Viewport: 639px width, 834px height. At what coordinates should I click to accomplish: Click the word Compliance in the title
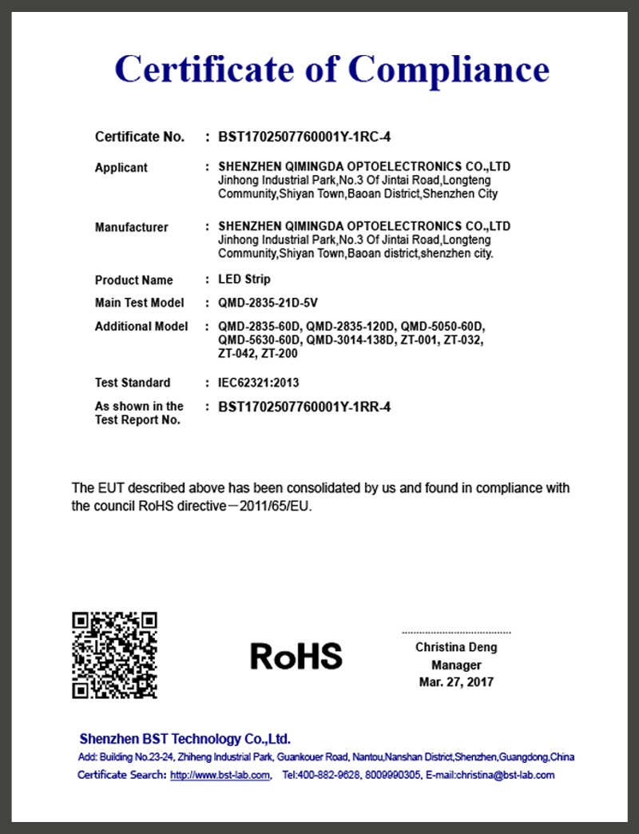[449, 69]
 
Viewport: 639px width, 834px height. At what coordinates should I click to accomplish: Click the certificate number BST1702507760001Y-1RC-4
[304, 137]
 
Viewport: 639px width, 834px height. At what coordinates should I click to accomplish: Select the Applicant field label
[121, 168]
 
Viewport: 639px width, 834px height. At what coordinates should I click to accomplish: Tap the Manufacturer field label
[132, 228]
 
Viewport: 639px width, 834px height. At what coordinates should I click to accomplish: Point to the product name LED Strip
[244, 280]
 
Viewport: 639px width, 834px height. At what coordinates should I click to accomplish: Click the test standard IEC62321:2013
[259, 383]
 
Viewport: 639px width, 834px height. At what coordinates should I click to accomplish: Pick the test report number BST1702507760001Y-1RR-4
[304, 407]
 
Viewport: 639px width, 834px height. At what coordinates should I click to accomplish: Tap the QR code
[114, 655]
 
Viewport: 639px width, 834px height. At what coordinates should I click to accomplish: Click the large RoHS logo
[296, 656]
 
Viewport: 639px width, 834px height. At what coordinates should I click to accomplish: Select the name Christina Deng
[456, 647]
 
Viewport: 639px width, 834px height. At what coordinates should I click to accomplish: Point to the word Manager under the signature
[456, 665]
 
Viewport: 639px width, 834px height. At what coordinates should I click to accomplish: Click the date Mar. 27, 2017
[456, 682]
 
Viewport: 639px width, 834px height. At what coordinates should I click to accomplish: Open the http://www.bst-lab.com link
[220, 775]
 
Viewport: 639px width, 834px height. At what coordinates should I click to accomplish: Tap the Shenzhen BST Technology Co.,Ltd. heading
[185, 739]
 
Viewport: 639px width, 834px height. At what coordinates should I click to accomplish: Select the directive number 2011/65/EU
[282, 506]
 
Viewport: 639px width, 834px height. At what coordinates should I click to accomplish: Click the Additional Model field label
[141, 327]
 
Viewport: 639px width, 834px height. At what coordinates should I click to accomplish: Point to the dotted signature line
[456, 632]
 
